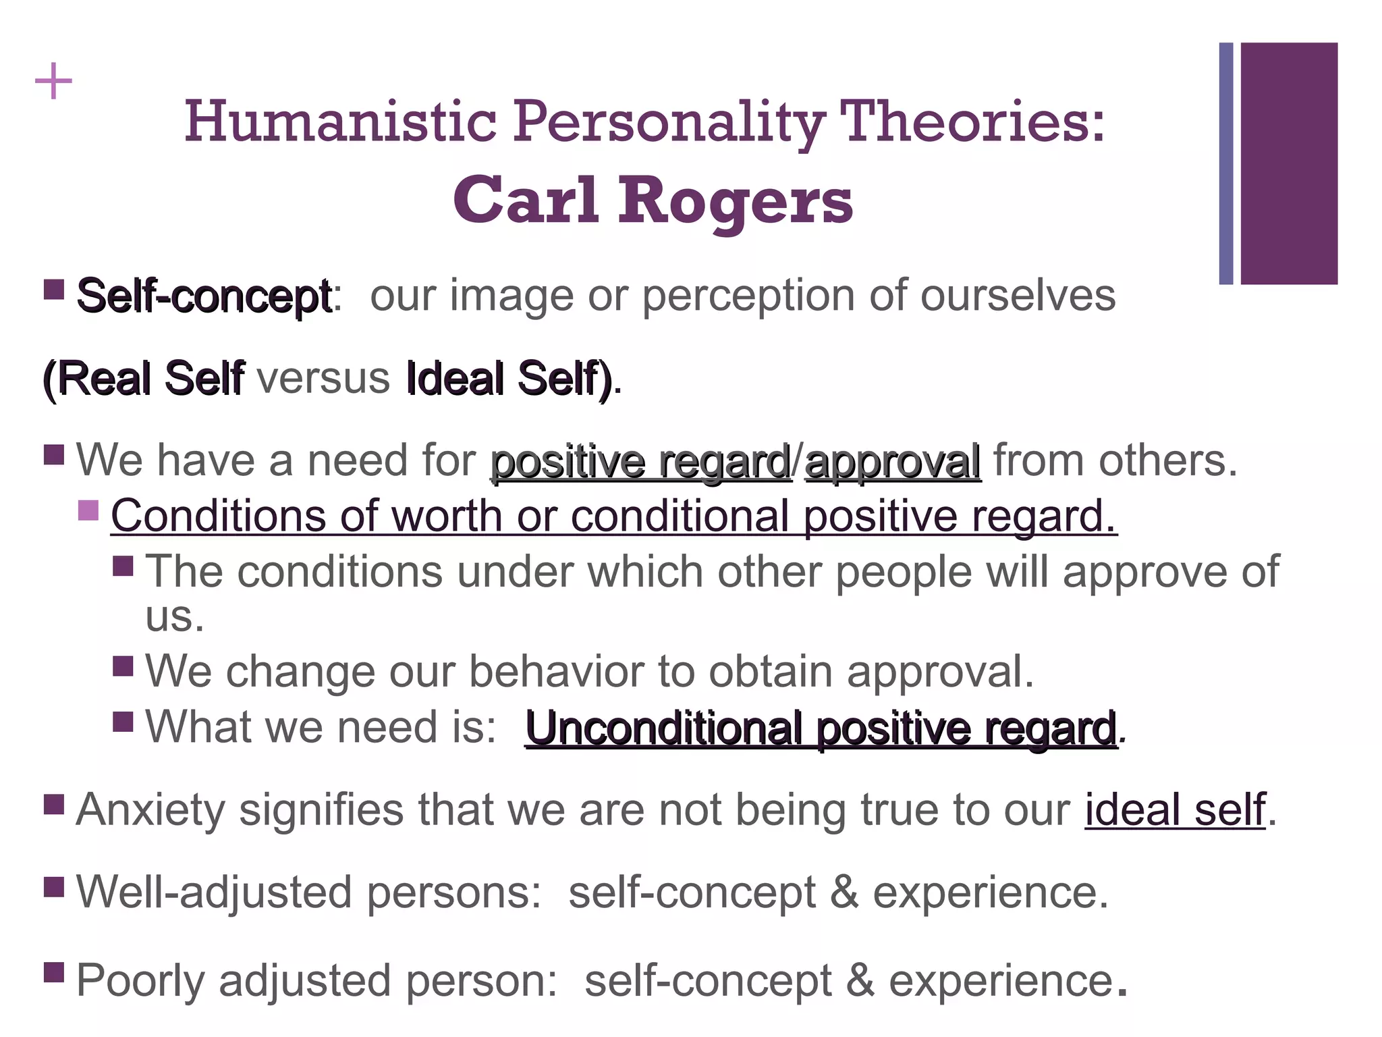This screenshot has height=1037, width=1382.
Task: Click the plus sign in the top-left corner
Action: point(53,82)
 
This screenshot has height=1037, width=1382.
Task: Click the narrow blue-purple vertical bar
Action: point(1225,163)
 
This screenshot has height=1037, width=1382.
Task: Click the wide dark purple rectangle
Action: point(1289,163)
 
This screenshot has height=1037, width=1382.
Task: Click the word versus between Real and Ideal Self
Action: point(323,378)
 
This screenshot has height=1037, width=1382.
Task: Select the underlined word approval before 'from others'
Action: point(893,462)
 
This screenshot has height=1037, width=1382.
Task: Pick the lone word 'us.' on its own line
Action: point(175,616)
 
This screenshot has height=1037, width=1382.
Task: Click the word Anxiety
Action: point(150,809)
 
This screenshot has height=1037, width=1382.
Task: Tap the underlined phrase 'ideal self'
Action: point(1175,809)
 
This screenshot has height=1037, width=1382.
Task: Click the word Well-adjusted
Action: point(214,893)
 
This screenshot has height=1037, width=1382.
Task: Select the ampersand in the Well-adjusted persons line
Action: point(844,893)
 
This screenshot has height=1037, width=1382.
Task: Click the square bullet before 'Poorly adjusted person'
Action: point(54,973)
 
